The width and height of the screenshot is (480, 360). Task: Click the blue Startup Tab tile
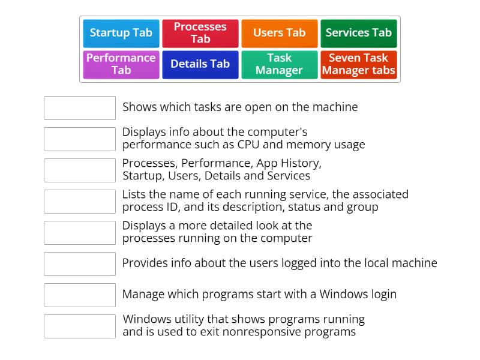(x=121, y=33)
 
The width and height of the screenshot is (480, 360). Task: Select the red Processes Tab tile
(x=200, y=33)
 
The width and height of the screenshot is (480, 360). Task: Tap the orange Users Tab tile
(x=279, y=33)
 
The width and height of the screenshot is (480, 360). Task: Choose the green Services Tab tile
(x=358, y=33)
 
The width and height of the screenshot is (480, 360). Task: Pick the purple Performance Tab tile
(x=121, y=64)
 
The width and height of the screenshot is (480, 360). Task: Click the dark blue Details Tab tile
(x=200, y=64)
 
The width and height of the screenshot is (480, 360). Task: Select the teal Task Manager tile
(x=279, y=64)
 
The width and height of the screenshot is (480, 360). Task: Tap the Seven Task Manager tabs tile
(x=358, y=64)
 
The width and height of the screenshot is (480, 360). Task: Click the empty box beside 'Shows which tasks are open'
(x=80, y=108)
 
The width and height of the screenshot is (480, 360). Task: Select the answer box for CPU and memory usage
(x=80, y=139)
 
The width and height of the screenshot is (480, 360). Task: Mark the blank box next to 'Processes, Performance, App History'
(x=80, y=170)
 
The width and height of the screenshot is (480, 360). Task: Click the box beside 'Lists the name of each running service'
(x=80, y=202)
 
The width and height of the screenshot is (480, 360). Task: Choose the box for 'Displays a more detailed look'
(x=80, y=233)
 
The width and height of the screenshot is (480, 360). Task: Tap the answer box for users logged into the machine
(x=80, y=264)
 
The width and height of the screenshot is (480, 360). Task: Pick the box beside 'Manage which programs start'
(x=80, y=295)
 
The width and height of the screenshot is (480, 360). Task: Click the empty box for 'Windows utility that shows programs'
(x=80, y=326)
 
